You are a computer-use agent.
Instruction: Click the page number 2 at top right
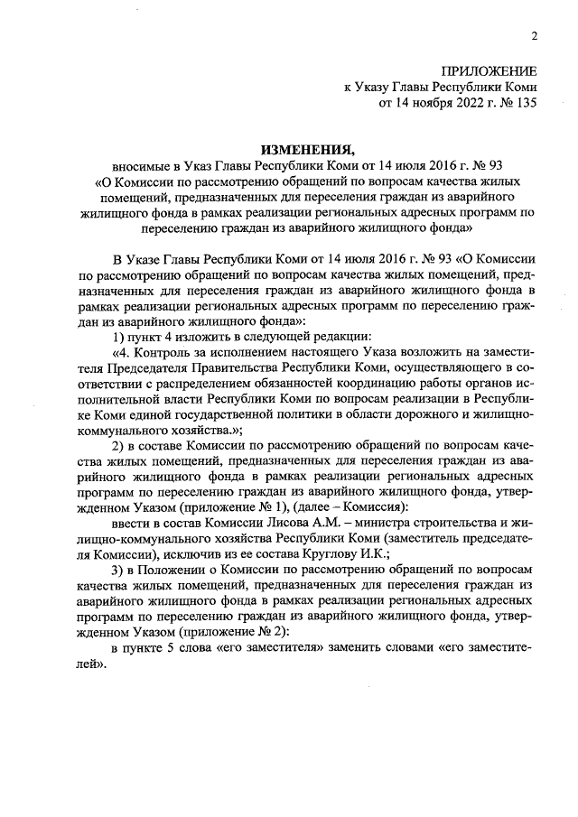click(534, 36)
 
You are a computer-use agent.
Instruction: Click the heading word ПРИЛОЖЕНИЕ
click(489, 71)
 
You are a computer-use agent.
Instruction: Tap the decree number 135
click(523, 104)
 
